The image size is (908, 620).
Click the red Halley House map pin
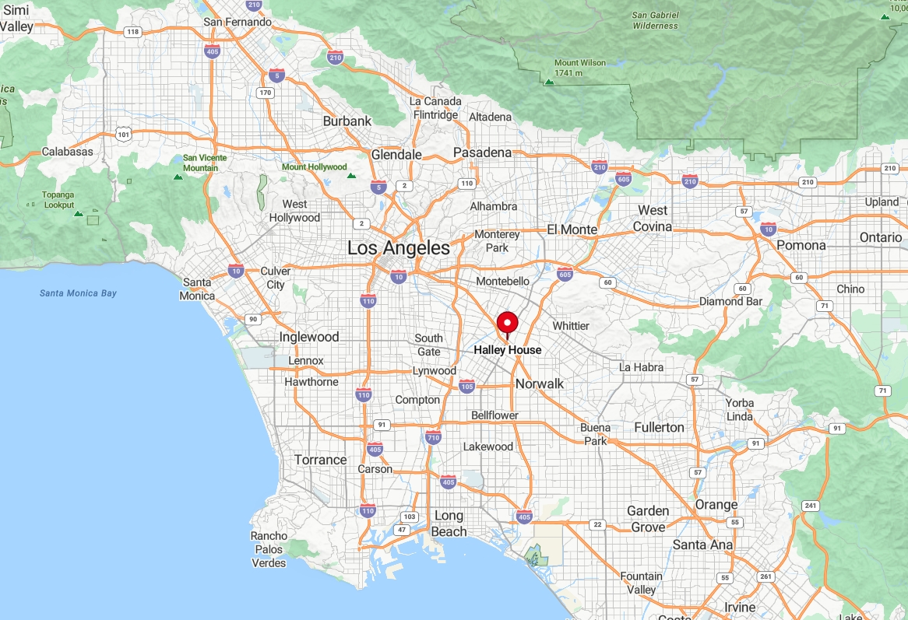coord(507,323)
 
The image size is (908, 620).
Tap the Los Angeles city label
coord(398,248)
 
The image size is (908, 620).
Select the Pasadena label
coord(482,152)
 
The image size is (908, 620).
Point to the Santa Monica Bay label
coord(78,293)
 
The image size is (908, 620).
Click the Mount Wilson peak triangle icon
coord(549,81)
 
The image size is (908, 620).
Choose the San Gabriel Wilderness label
coord(655,20)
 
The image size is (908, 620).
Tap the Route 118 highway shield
coord(133,32)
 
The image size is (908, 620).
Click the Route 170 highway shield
coord(266,93)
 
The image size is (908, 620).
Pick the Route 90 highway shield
coord(252,319)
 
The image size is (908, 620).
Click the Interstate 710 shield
coord(434,437)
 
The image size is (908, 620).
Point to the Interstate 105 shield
coord(466,386)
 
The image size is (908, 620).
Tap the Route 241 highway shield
coord(811,506)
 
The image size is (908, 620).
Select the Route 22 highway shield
coord(597,524)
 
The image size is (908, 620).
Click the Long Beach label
coord(449,524)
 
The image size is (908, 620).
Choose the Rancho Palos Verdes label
coord(269,549)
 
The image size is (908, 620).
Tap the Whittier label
coord(571,325)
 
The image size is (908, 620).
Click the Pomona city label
coord(801,245)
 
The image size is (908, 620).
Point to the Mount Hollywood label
coord(314,167)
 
